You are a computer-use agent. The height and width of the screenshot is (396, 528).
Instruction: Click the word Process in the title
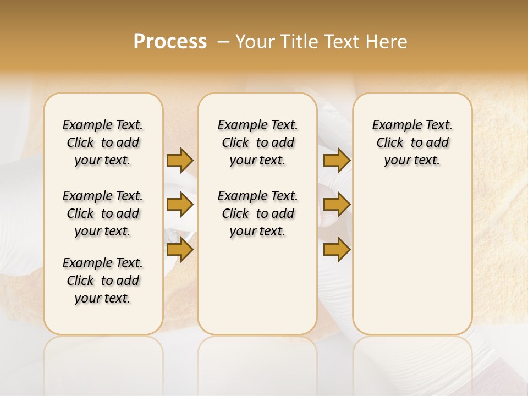coord(170,42)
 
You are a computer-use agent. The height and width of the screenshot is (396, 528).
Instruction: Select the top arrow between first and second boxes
coord(180,161)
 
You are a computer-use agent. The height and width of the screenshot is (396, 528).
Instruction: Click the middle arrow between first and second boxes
coord(180,205)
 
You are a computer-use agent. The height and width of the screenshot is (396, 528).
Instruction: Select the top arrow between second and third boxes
coord(337,161)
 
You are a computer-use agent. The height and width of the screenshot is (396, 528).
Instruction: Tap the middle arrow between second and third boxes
coord(337,205)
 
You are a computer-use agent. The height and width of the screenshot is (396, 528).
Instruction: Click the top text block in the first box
coord(103,142)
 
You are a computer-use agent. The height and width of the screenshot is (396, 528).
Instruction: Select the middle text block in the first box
coord(103,213)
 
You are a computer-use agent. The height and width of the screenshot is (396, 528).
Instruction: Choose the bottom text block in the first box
coord(103,280)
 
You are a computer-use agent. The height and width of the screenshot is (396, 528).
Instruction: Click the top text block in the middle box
coord(257,142)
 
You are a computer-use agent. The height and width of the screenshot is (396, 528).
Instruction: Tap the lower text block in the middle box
coord(257,213)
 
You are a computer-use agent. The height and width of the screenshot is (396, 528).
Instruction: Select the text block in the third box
coord(412,142)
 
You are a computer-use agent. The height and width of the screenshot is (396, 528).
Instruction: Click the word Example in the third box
coord(395,125)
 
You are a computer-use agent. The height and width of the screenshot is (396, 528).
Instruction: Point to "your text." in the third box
coord(412,161)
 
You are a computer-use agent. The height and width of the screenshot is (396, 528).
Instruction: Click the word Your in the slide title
coord(255,42)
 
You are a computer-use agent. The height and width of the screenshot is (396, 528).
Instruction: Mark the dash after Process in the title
coord(223,42)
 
